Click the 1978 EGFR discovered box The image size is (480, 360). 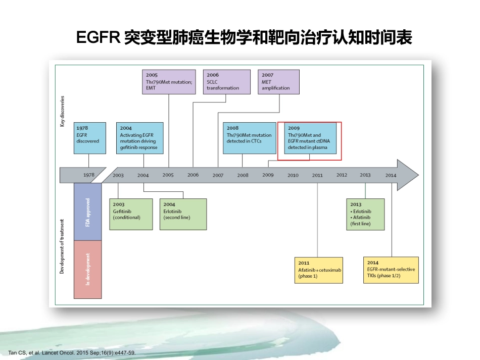pos(90,138)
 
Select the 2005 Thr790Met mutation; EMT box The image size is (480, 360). pos(169,82)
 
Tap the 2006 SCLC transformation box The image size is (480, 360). pos(226,82)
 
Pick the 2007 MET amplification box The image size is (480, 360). pos(278,82)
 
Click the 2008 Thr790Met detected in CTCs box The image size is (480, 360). pos(250,138)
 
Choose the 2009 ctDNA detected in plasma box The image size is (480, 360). pos(310,138)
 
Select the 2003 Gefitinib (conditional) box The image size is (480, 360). pos(131,214)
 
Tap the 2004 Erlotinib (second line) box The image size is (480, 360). pos(183,214)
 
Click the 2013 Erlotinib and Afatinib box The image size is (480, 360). pos(365,214)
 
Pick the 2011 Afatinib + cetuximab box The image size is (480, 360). pos(319,271)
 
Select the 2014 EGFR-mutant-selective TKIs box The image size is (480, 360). pos(391,270)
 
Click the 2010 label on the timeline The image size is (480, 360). pos(293,175)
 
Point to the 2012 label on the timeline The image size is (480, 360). pos(342,175)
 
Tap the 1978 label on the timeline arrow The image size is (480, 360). pos(89,175)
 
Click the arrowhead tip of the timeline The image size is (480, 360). pos(418,175)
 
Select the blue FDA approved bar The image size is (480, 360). pos(87,212)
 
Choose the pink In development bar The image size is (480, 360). pos(87,270)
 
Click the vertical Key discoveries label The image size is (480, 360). pos(62,112)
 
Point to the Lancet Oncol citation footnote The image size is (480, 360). pos(72,352)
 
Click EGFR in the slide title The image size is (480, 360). pos(98,37)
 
